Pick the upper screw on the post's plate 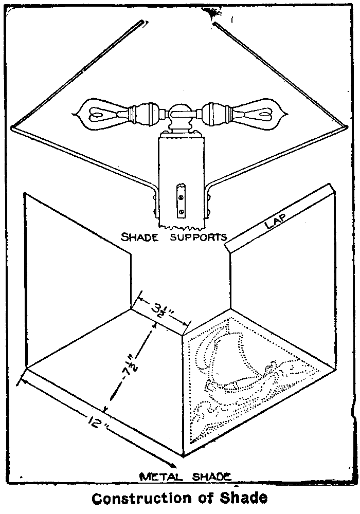click(x=180, y=194)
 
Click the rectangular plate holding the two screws click(x=180, y=201)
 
